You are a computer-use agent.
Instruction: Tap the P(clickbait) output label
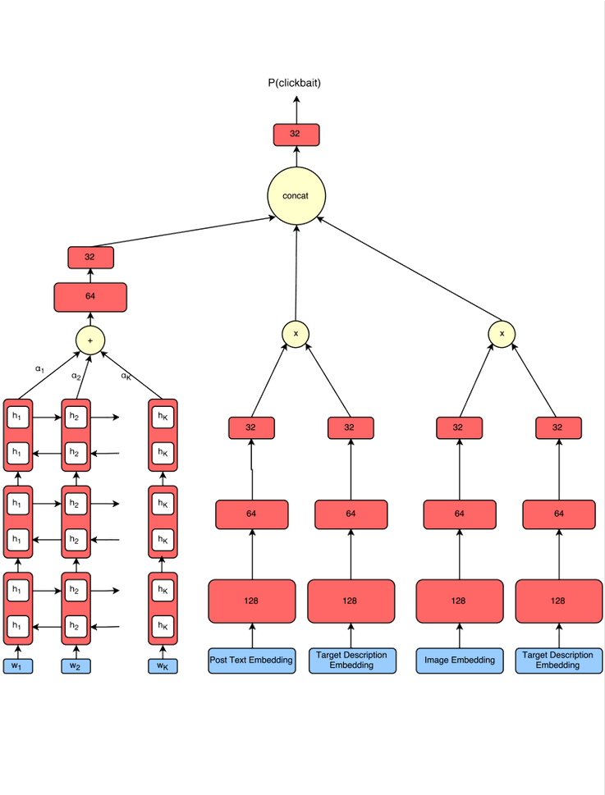(x=296, y=83)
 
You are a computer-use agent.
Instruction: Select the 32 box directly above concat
(x=296, y=135)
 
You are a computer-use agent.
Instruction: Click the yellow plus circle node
(x=89, y=339)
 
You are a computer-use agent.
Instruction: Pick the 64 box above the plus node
(x=89, y=296)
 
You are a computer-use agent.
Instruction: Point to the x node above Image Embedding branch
(x=501, y=332)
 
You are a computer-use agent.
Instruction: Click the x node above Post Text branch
(x=295, y=332)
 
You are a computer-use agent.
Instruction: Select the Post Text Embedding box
(x=251, y=660)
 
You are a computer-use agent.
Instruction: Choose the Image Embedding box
(x=459, y=660)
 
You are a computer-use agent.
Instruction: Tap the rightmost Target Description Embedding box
(x=557, y=660)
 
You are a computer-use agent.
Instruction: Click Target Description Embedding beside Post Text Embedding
(x=351, y=660)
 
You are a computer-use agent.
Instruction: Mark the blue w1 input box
(x=16, y=666)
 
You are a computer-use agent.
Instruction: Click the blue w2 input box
(x=75, y=666)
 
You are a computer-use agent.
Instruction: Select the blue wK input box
(x=162, y=666)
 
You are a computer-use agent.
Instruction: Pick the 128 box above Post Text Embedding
(x=251, y=601)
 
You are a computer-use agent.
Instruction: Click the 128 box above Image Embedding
(x=459, y=601)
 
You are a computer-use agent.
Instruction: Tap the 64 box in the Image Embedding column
(x=459, y=514)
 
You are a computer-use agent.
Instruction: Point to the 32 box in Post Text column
(x=251, y=427)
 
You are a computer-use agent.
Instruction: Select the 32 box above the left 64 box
(x=89, y=257)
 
